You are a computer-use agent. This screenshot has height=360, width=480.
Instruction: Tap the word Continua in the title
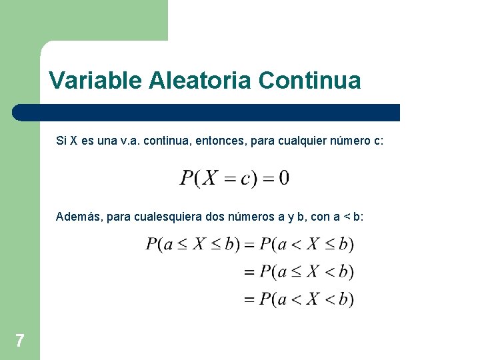coord(309,81)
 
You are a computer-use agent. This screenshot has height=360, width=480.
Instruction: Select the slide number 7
coord(20,341)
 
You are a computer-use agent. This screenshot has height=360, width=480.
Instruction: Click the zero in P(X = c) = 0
coord(284,179)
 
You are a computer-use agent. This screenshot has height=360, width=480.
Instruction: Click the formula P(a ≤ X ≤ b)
coord(193,244)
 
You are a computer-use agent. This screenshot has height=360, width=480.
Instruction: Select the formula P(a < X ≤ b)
coord(307,244)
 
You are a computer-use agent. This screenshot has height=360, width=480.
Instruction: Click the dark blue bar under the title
coord(207,112)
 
